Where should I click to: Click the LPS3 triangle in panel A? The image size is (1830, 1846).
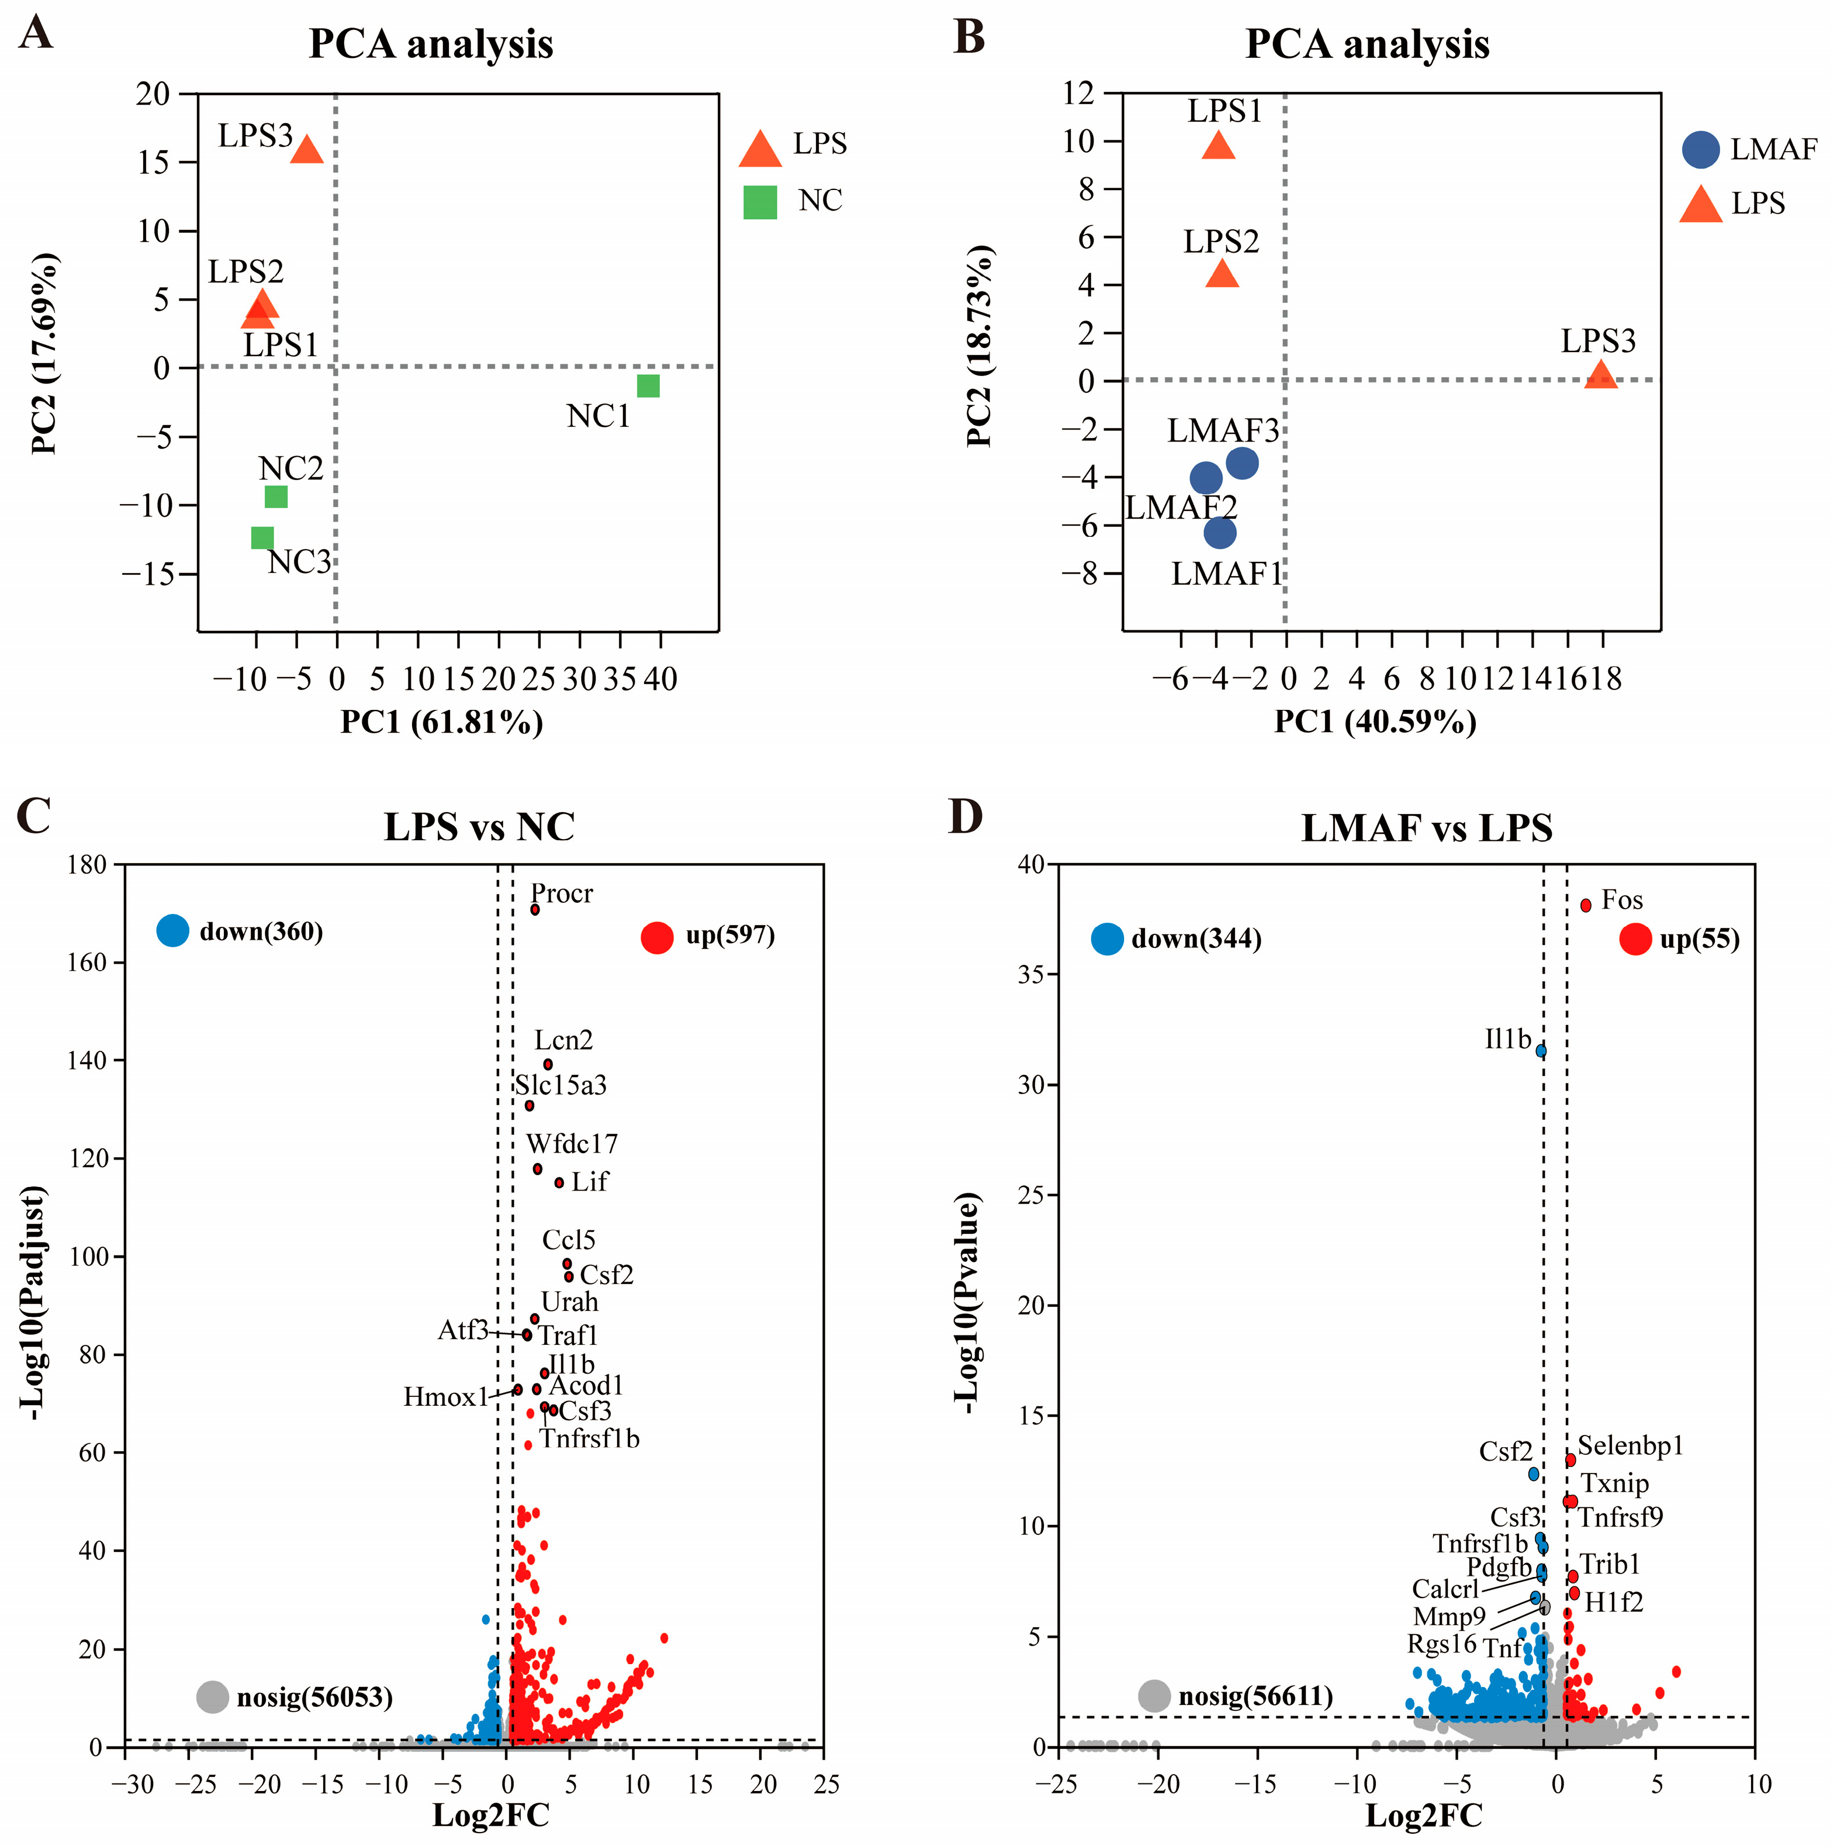pos(307,150)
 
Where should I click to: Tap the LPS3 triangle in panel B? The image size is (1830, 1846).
pos(1601,375)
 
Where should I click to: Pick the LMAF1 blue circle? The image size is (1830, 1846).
pos(1220,532)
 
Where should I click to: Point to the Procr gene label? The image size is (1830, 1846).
pos(562,893)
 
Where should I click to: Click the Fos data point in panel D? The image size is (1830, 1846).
pos(1586,905)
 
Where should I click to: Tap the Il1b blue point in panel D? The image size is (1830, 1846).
pos(1541,1051)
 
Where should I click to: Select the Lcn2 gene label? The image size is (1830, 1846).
pos(563,1040)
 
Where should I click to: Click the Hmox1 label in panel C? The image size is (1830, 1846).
pos(445,1397)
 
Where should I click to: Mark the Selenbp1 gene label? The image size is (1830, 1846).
pos(1630,1445)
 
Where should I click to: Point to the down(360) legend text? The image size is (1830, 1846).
pos(261,931)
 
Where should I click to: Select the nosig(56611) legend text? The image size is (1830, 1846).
pos(1255,1696)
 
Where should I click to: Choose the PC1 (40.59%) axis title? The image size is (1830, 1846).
pos(1375,722)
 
